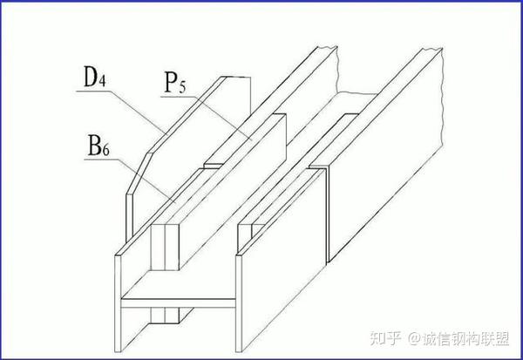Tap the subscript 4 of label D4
coord(102,81)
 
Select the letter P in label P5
coord(171,82)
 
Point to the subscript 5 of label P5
coord(182,87)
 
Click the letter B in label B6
coord(94,146)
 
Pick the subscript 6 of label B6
coord(105,151)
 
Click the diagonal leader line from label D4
coord(138,112)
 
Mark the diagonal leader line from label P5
coord(222,118)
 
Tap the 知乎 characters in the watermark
coord(385,338)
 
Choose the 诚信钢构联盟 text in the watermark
coord(465,338)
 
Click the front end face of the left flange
coord(118,303)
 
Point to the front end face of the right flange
coord(239,303)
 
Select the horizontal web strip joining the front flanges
coord(178,303)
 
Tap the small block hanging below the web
coord(165,316)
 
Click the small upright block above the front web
coord(165,248)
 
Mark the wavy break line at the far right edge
coord(442,98)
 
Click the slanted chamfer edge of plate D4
coord(138,173)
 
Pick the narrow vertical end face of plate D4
coord(129,218)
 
